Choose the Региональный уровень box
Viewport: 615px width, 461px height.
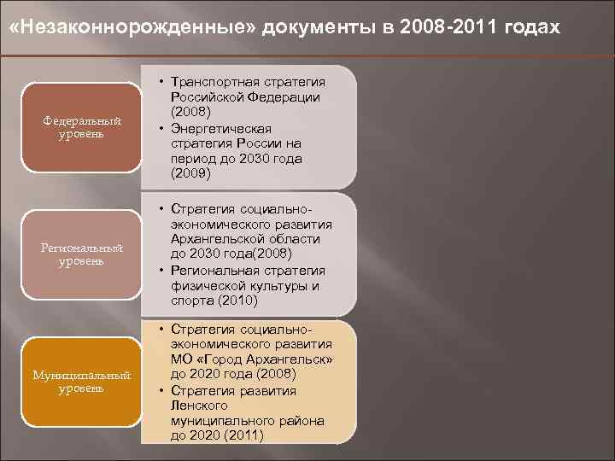pyautogui.click(x=82, y=254)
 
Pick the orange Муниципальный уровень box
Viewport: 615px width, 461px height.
pyautogui.click(x=82, y=382)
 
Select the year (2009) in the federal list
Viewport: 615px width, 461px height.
pyautogui.click(x=190, y=174)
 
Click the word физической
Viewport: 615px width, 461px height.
pyautogui.click(x=205, y=285)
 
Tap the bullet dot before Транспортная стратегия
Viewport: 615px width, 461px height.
pyautogui.click(x=161, y=82)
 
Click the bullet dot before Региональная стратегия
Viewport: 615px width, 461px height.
pyautogui.click(x=161, y=270)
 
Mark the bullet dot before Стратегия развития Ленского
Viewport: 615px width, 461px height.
pyautogui.click(x=161, y=389)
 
